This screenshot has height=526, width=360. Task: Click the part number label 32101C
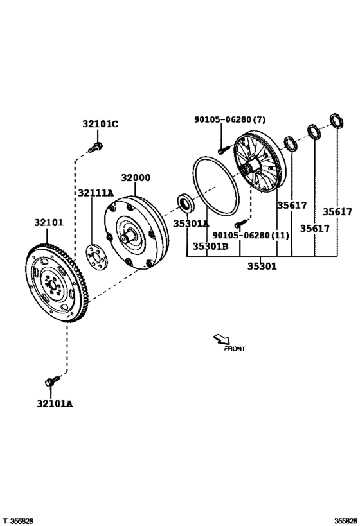[100, 124]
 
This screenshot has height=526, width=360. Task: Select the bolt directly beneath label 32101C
[95, 148]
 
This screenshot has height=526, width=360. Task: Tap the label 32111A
[96, 193]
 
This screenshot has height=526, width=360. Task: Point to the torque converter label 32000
[136, 178]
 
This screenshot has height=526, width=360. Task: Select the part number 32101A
[55, 403]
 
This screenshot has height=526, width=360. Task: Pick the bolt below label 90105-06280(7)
[222, 150]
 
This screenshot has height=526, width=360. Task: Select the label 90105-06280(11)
[251, 236]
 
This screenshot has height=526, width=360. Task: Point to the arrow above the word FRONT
[221, 338]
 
